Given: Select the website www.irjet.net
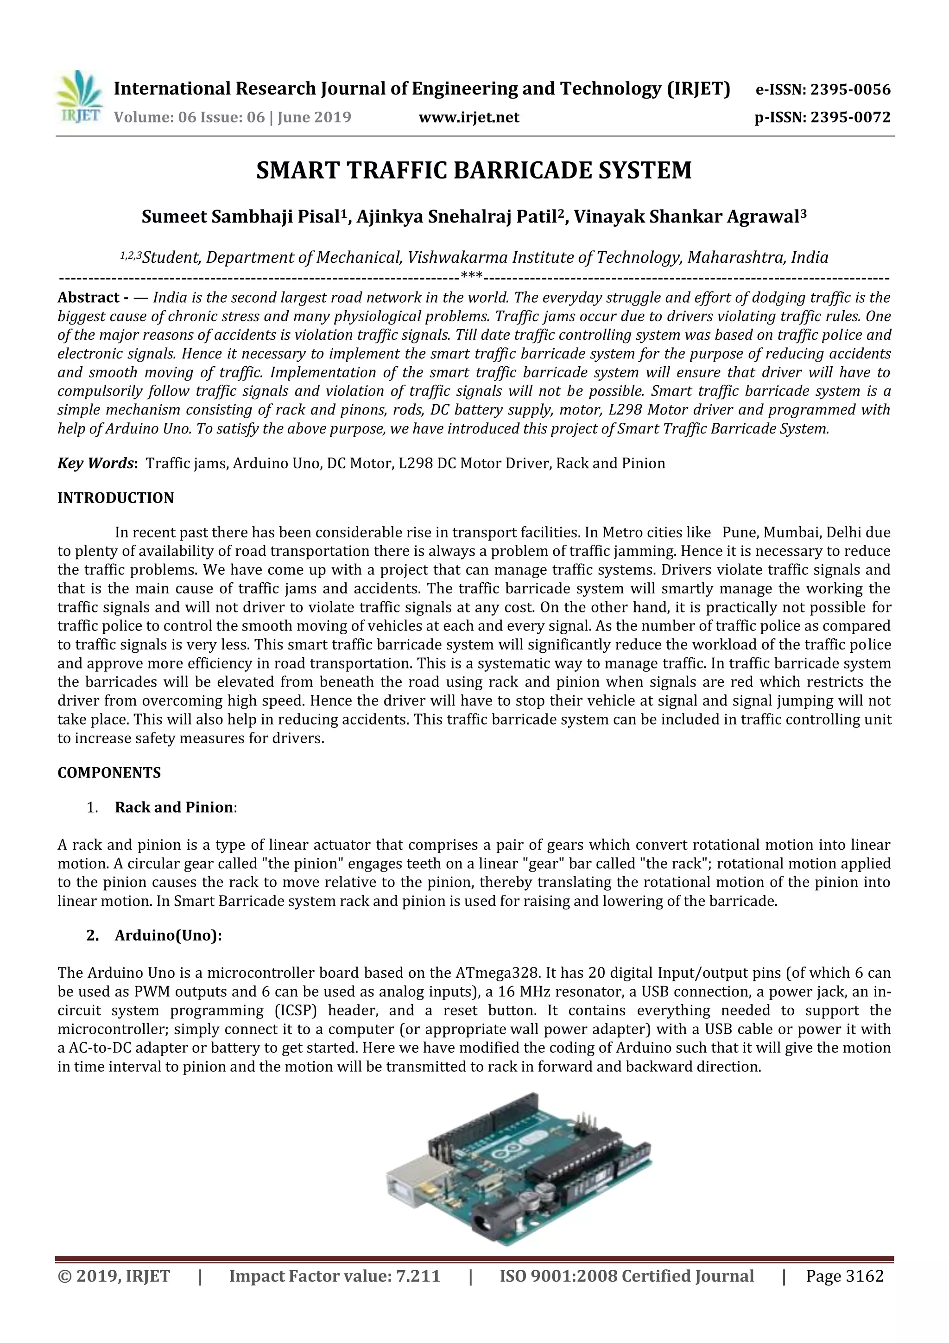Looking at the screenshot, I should [x=469, y=118].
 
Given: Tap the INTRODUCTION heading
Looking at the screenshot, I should [x=116, y=498].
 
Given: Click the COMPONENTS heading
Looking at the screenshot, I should [x=109, y=773].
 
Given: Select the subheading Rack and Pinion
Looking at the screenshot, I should [x=174, y=807].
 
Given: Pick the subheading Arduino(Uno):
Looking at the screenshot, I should [x=168, y=936].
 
